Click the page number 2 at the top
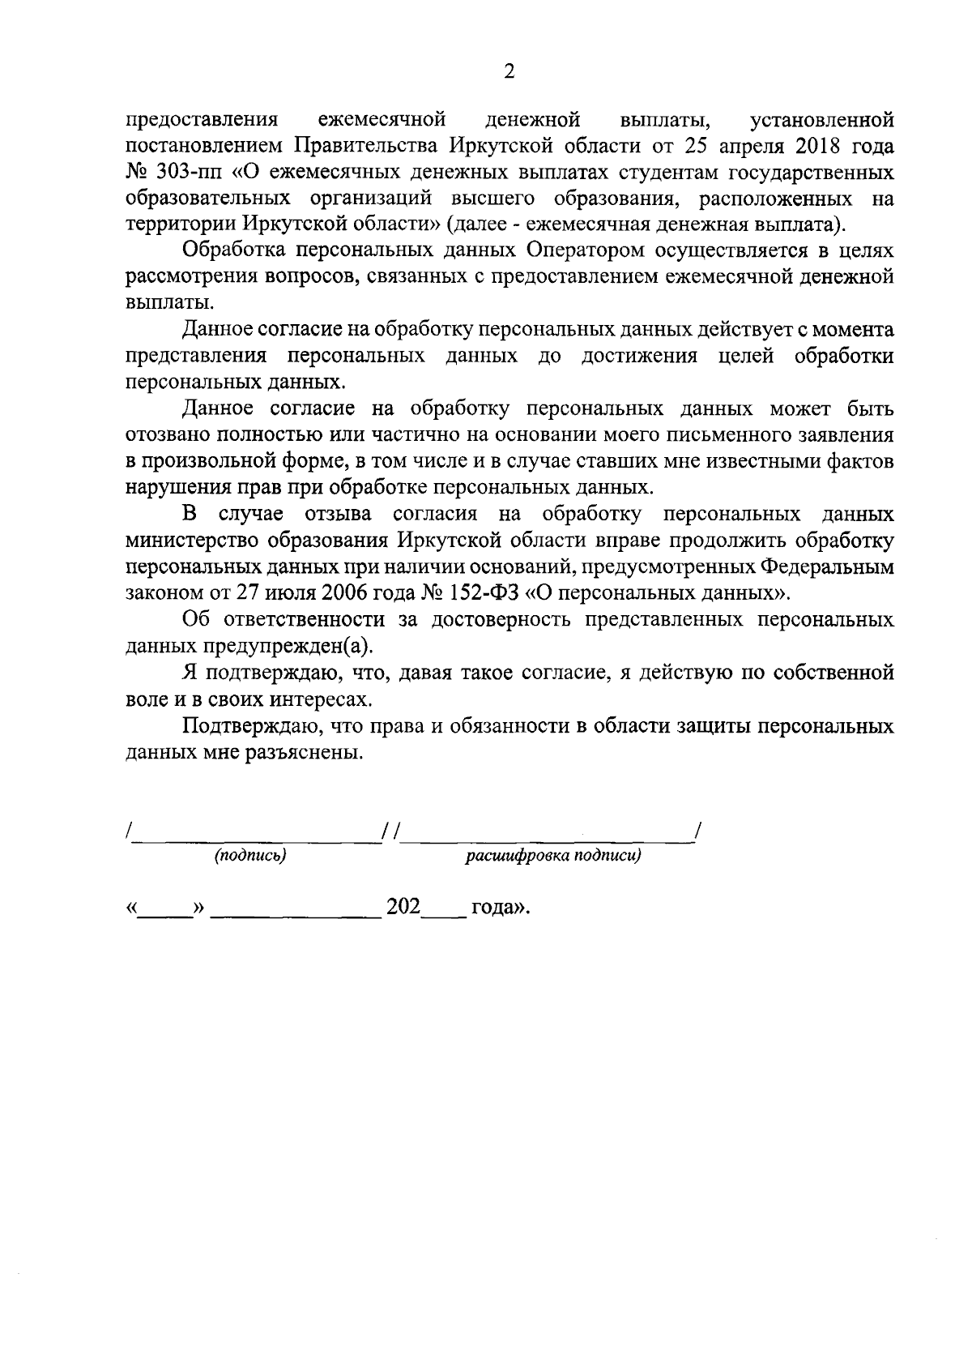tap(509, 72)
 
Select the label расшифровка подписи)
tap(552, 856)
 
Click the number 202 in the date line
tap(403, 907)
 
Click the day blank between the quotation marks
tap(164, 911)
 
